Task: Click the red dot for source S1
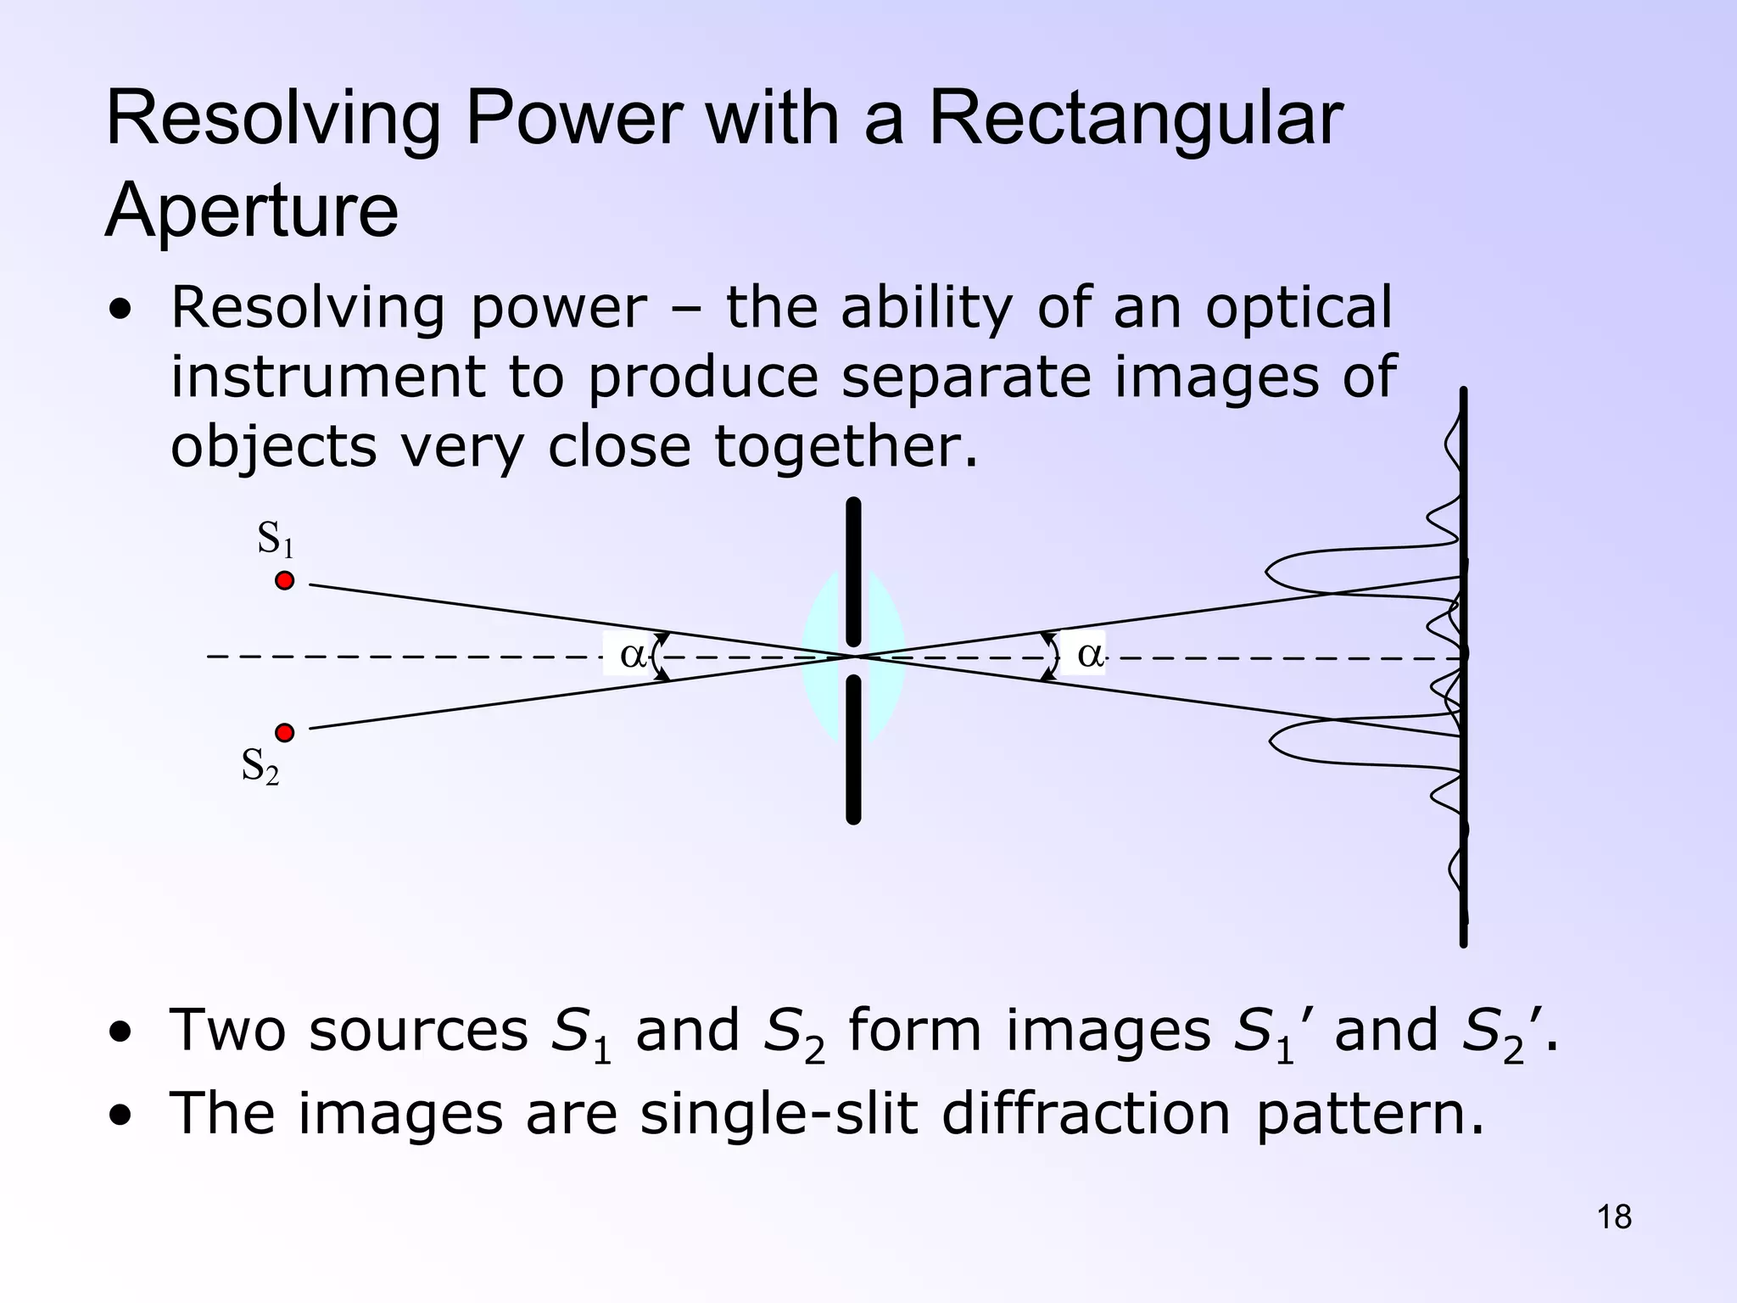pos(285,581)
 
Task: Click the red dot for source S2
pos(285,732)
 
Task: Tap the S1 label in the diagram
pos(275,539)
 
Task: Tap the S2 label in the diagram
pos(260,766)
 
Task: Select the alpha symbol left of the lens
pos(632,654)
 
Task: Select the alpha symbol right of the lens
pos(1090,654)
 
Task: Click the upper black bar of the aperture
pos(853,573)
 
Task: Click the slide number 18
pos(1614,1217)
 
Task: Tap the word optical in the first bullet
pos(1298,309)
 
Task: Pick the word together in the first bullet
pos(846,447)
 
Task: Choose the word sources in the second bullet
pos(418,1031)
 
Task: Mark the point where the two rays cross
pos(854,657)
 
